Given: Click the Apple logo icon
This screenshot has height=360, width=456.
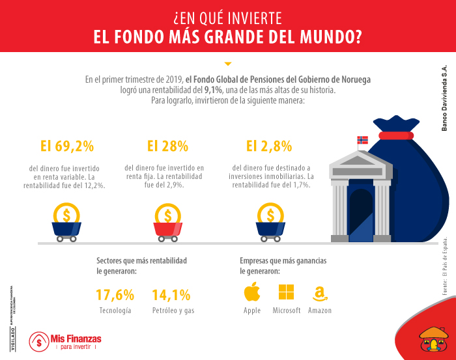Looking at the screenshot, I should point(252,292).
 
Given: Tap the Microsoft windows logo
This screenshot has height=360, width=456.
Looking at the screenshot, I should point(287,292).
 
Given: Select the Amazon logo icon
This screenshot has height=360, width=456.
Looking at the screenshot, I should point(320,293).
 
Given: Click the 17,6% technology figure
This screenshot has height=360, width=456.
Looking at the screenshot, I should point(115,294).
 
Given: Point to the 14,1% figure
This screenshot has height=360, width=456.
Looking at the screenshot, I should point(171,294).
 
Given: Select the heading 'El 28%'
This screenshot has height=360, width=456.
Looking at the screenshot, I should point(167,146).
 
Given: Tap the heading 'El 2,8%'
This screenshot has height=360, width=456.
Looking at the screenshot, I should point(268,146).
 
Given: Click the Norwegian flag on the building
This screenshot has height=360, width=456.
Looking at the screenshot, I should point(363,141).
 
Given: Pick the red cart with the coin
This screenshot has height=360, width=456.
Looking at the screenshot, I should point(168,222).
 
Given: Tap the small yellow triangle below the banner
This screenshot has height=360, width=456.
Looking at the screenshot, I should point(227,64).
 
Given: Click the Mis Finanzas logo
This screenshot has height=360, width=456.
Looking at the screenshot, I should point(65,341).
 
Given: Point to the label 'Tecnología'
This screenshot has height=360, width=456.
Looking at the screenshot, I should point(115,311).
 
